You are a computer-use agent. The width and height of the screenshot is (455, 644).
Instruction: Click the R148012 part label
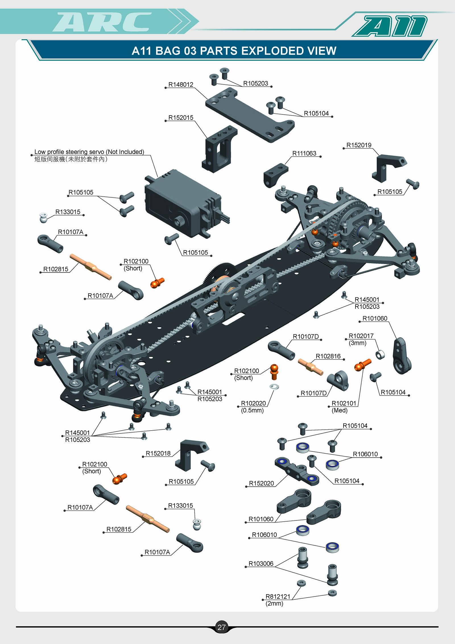[181, 85]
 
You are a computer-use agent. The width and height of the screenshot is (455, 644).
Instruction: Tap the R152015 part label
[181, 118]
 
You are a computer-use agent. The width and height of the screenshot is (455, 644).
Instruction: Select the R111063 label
[304, 153]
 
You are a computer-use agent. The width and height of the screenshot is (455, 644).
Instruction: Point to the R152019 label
[359, 145]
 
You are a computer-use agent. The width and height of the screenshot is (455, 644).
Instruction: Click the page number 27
[221, 627]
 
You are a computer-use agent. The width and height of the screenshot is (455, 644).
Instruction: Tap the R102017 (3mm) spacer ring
[380, 355]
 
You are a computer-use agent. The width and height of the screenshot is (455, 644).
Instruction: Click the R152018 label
[158, 453]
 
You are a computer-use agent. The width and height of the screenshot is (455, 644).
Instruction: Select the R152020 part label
[261, 483]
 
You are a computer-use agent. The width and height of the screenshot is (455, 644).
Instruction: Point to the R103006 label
[261, 563]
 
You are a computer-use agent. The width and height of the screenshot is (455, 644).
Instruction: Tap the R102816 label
[328, 356]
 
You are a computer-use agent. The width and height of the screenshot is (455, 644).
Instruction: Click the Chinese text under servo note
[71, 159]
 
